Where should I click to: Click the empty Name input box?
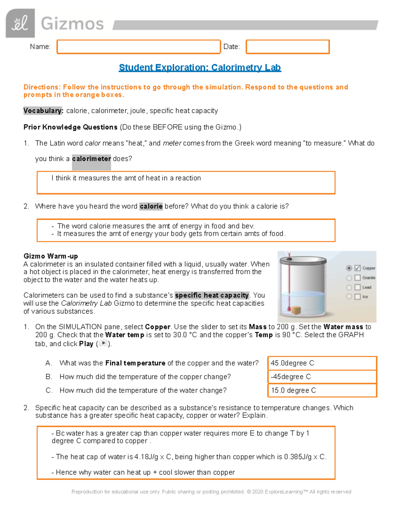point(139,47)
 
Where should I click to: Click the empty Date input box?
point(288,47)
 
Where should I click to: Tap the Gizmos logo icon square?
point(20,23)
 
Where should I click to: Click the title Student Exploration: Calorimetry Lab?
point(200,68)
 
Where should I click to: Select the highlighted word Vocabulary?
point(43,111)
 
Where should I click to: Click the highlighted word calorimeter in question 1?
point(91,159)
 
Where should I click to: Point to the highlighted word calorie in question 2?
point(151,206)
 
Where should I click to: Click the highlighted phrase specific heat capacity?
point(212,296)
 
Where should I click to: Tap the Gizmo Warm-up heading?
point(51,256)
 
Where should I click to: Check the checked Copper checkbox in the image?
point(358,268)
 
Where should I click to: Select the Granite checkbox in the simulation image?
point(358,278)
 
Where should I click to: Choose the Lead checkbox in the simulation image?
point(358,287)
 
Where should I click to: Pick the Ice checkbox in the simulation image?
point(358,297)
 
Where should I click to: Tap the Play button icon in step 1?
point(103,343)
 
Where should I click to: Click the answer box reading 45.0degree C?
point(322,363)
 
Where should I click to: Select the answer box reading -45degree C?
point(322,377)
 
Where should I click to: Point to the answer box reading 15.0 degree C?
point(322,391)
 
